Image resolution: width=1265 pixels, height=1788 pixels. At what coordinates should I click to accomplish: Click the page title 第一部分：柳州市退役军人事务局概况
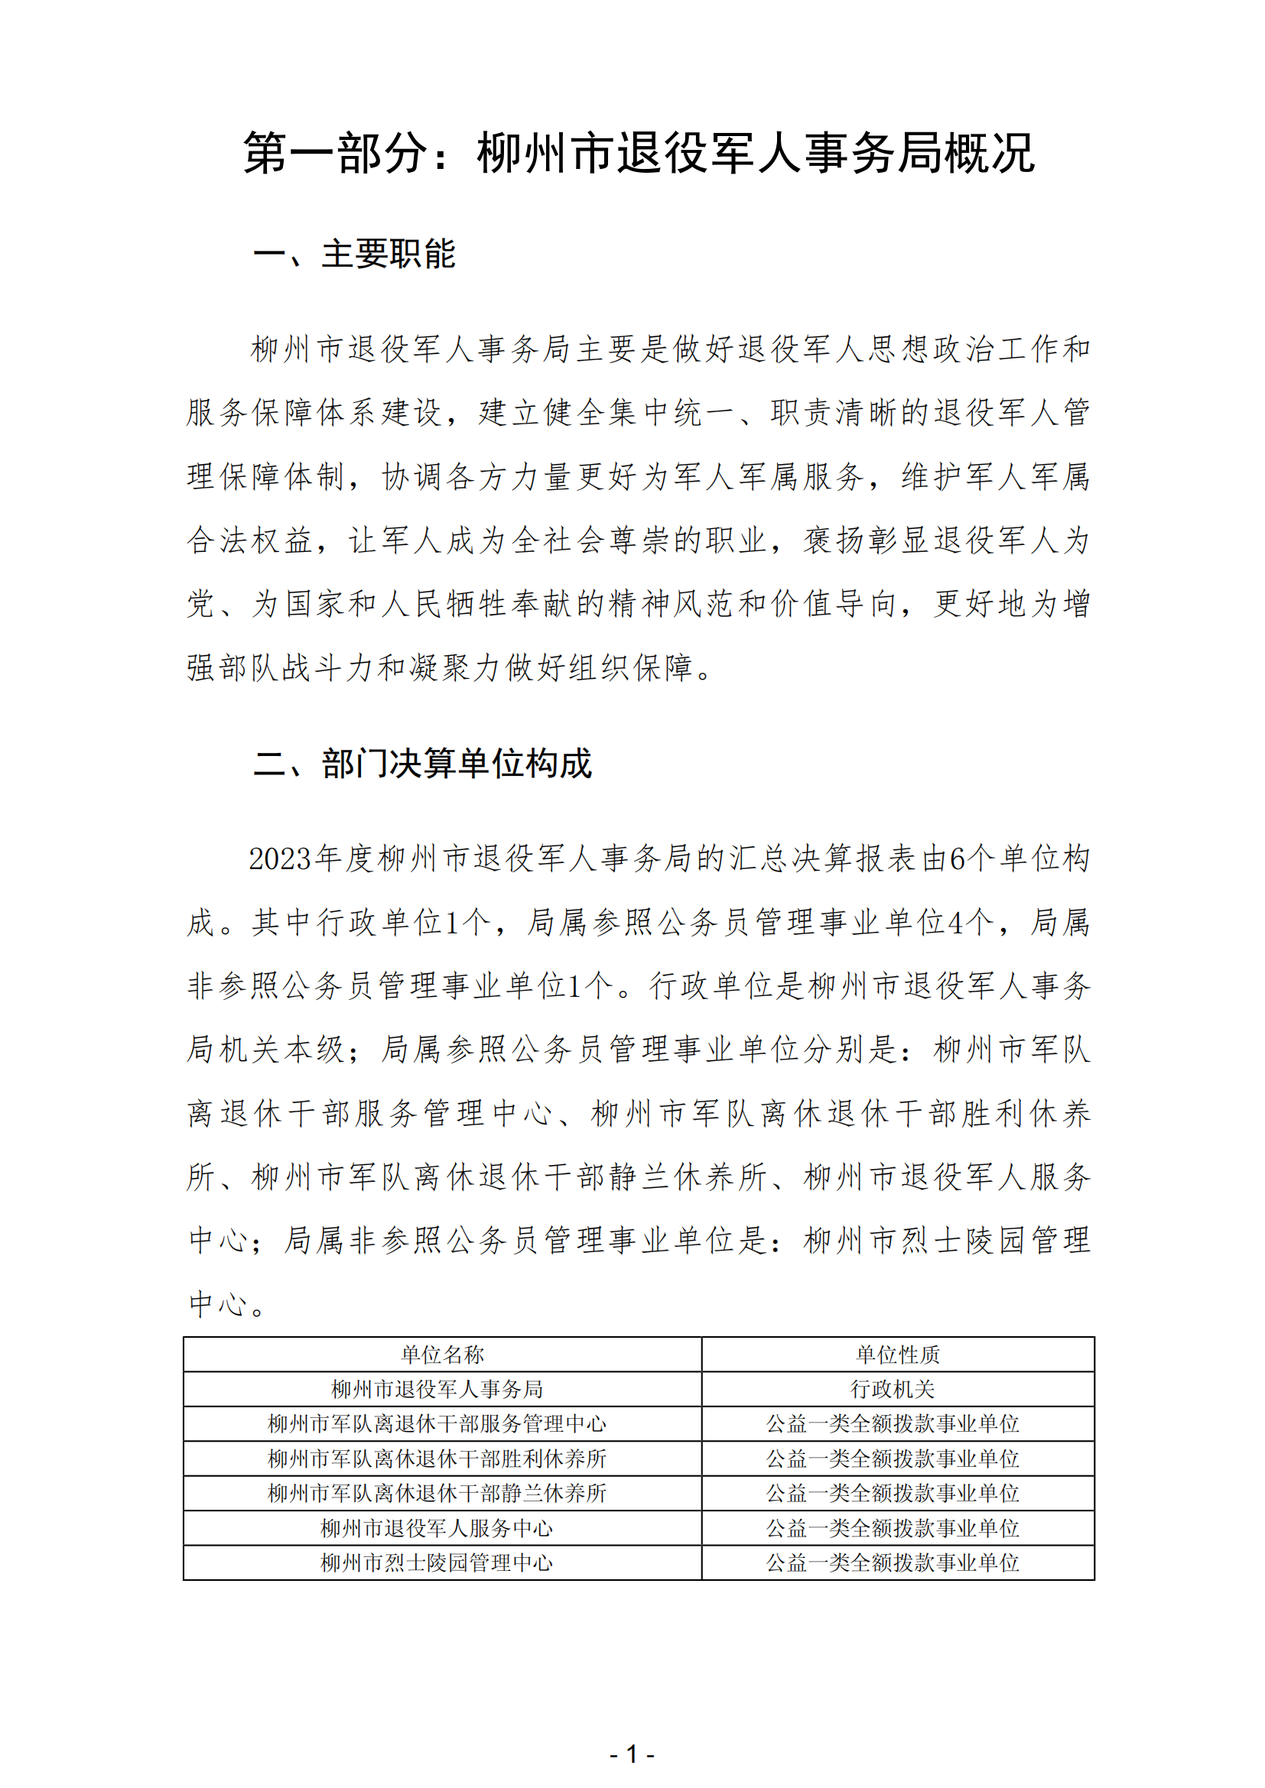[639, 153]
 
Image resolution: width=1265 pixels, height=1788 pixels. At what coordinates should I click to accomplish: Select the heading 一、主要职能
[354, 254]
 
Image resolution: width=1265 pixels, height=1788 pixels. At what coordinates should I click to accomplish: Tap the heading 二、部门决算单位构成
[423, 763]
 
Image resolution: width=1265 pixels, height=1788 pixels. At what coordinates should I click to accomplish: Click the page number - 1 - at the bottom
[632, 1754]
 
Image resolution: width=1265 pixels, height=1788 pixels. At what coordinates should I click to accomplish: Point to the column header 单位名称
[442, 1355]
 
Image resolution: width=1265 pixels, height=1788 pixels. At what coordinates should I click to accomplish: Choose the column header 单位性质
[897, 1355]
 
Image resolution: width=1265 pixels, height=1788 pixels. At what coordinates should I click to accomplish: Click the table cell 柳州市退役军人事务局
[437, 1388]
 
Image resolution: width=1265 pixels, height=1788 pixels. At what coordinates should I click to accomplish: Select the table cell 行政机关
[893, 1388]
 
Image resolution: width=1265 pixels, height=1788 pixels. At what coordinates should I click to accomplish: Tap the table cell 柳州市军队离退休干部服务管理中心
[437, 1423]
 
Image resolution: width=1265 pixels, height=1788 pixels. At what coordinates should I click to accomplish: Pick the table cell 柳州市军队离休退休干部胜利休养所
[437, 1459]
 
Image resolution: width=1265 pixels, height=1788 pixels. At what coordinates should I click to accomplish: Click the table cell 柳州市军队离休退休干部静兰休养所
[437, 1493]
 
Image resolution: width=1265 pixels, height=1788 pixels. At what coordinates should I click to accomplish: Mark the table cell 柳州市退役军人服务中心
[437, 1528]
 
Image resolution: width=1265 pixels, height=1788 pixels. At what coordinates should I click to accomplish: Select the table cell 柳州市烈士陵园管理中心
[437, 1562]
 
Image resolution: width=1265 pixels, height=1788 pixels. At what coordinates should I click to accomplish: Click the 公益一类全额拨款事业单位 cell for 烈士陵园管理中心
[893, 1562]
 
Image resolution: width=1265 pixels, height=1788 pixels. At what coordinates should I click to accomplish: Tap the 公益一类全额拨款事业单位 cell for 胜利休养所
[893, 1459]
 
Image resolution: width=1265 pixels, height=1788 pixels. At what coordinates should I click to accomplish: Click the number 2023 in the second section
[281, 859]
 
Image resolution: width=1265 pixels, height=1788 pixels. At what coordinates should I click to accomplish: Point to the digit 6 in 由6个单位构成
[958, 859]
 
